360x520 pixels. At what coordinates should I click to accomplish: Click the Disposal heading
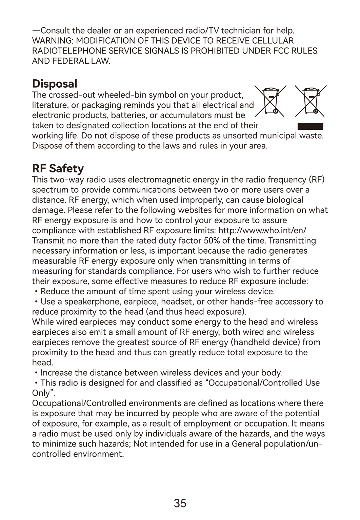(x=55, y=84)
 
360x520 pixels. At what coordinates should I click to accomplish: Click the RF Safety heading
(x=58, y=168)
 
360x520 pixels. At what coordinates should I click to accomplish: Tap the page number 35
(x=180, y=503)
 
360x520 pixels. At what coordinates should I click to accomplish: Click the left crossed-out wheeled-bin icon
(x=271, y=101)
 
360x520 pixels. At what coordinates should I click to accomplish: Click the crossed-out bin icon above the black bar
(x=311, y=101)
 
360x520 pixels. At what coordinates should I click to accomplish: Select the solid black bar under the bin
(x=310, y=127)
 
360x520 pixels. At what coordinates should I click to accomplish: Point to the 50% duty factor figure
(x=212, y=241)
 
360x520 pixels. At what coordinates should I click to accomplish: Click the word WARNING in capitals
(x=53, y=41)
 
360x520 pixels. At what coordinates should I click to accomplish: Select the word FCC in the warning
(x=282, y=51)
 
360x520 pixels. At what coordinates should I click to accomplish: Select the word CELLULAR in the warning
(x=273, y=41)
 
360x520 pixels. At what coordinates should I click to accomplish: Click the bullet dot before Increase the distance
(x=36, y=373)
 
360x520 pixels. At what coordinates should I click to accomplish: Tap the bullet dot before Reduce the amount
(x=36, y=292)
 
